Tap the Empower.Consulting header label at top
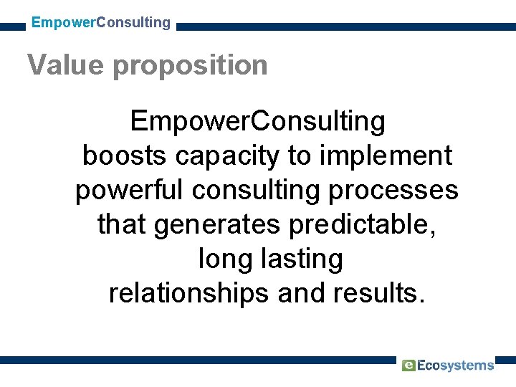coord(101,22)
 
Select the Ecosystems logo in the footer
coord(448,365)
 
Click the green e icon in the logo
coord(408,365)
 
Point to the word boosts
coord(125,156)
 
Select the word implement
coord(386,156)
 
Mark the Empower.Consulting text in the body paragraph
coord(258,121)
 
